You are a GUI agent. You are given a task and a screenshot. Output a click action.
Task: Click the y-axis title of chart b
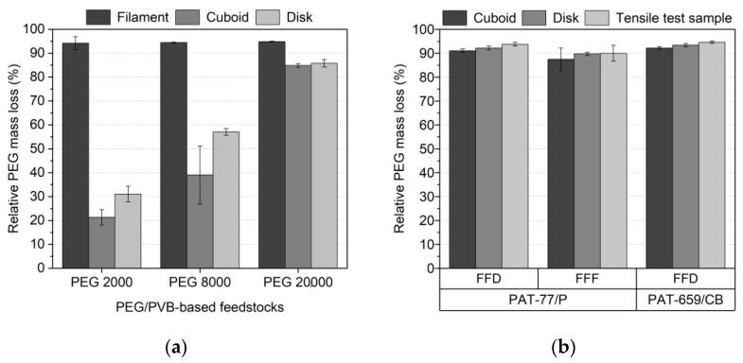397,149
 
